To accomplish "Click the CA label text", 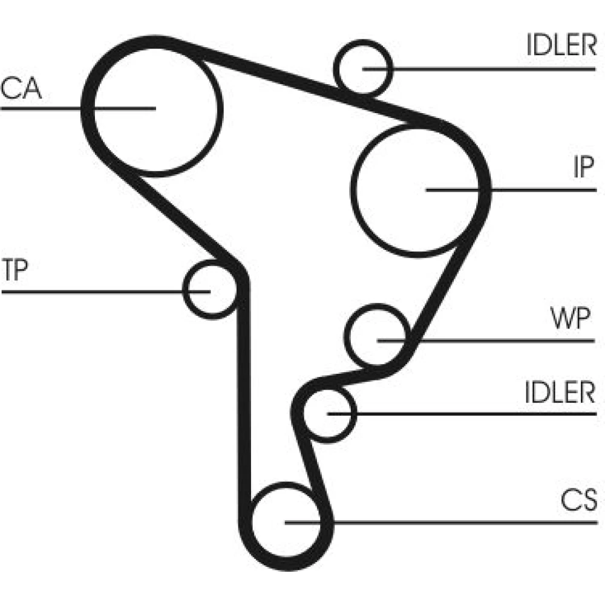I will [x=21, y=89].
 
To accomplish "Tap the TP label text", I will [x=15, y=270].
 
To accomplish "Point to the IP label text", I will [x=583, y=169].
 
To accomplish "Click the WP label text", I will [x=570, y=319].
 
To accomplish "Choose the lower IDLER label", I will [x=560, y=393].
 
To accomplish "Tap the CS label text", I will [x=578, y=500].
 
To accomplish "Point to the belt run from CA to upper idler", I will [x=272, y=71].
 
